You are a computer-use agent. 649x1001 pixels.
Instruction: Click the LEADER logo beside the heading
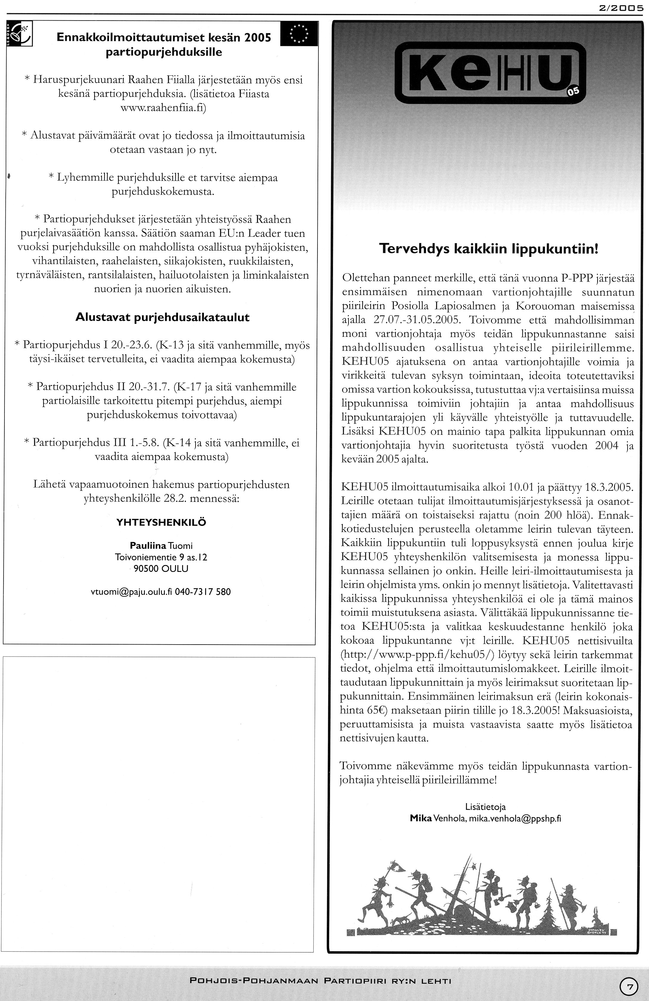click(20, 35)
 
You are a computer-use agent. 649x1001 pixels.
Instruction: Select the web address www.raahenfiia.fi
click(163, 108)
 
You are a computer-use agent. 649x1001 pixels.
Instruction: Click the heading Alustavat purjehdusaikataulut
click(162, 317)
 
